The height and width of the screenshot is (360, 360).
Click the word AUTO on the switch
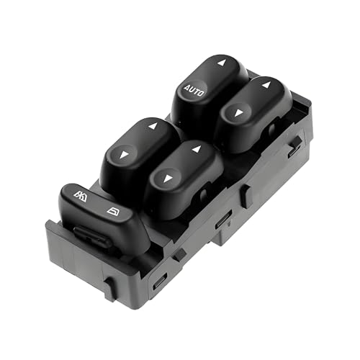click(x=194, y=90)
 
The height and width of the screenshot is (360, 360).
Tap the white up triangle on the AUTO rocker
click(x=222, y=63)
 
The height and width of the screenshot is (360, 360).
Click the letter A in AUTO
click(x=187, y=88)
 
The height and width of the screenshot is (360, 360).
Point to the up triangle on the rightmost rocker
click(x=266, y=85)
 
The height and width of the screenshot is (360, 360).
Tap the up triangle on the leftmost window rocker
click(x=153, y=126)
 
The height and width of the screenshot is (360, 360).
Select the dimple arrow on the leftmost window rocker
click(x=124, y=155)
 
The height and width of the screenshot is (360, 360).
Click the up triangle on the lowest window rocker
click(x=197, y=149)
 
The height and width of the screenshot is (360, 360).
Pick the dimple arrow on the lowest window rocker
click(x=168, y=179)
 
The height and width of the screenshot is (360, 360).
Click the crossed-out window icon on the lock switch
click(x=80, y=197)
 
